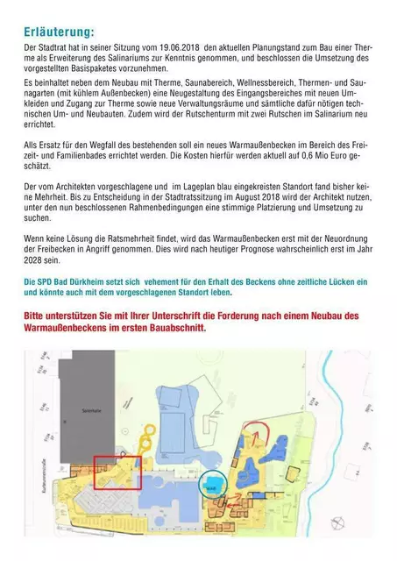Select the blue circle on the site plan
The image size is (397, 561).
pos(211,483)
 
